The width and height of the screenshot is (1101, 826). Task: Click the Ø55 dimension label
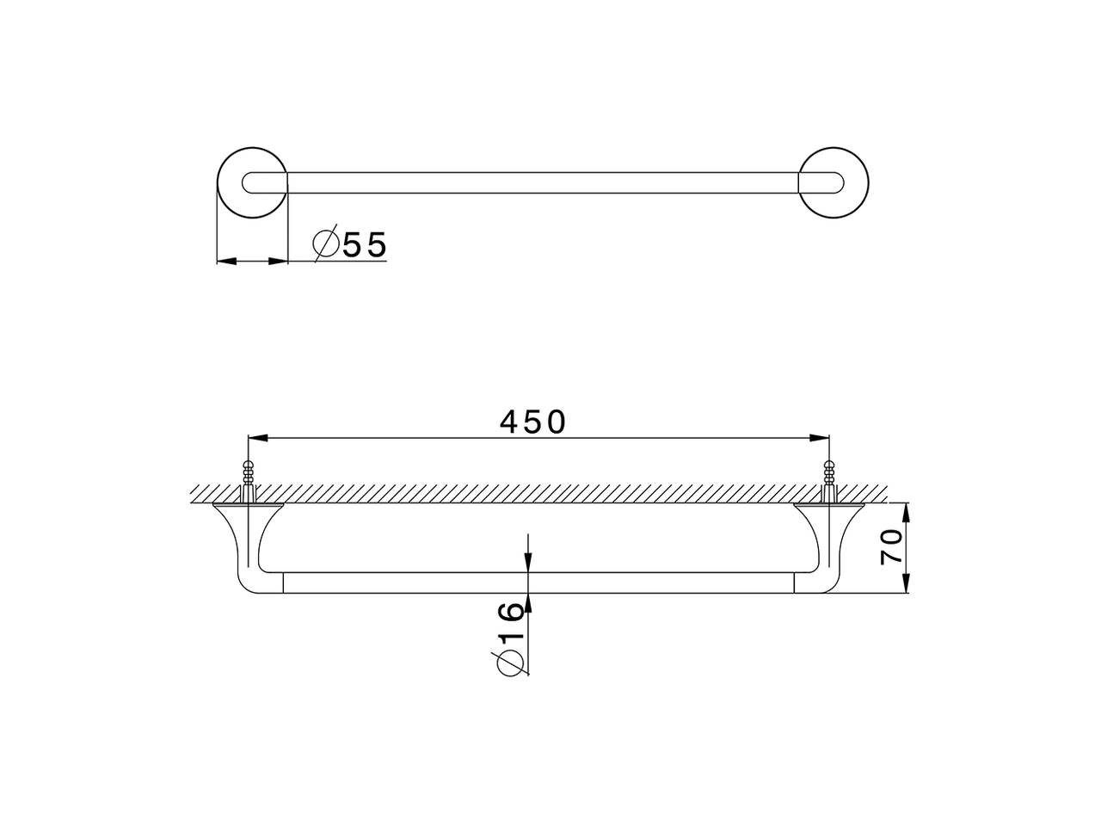pyautogui.click(x=351, y=245)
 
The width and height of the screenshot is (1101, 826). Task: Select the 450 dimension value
pyautogui.click(x=532, y=422)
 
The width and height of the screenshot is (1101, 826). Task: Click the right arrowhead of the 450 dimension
pyautogui.click(x=821, y=439)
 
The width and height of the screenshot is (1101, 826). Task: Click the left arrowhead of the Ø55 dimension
pyautogui.click(x=225, y=261)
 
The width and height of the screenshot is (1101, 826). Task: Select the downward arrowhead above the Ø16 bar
pyautogui.click(x=528, y=563)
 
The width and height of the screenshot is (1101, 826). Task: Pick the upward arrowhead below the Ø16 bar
pyautogui.click(x=528, y=602)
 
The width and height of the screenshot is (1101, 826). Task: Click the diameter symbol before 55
pyautogui.click(x=325, y=245)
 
